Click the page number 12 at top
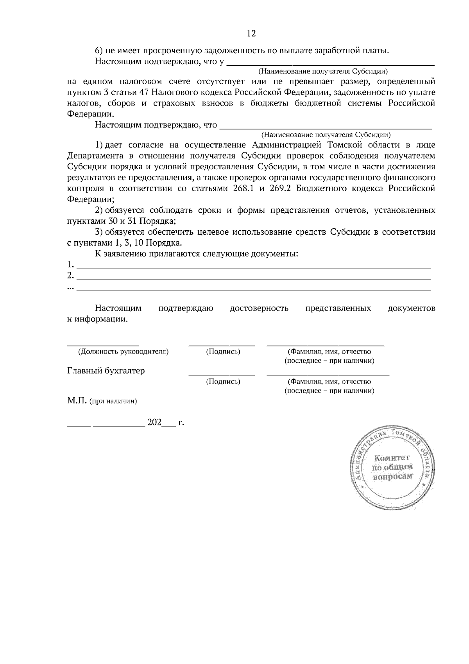point(251,34)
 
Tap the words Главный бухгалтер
point(106,371)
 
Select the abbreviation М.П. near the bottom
point(77,401)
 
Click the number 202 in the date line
point(154,423)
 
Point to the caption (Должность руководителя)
point(124,352)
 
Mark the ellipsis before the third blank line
point(70,288)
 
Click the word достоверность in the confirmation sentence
point(259,308)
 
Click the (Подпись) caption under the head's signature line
point(223,352)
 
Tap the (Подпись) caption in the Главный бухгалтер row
point(223,381)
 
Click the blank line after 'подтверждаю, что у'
point(331,63)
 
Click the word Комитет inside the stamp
point(392,458)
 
